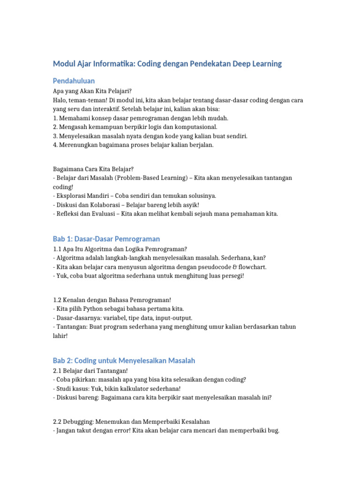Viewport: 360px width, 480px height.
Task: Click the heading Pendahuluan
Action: point(74,81)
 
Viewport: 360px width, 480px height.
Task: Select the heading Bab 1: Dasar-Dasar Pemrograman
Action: point(106,239)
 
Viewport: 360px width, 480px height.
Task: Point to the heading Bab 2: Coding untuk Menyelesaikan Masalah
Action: point(124,360)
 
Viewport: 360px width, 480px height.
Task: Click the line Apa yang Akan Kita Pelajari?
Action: point(93,91)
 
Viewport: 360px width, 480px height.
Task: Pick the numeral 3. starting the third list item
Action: point(55,136)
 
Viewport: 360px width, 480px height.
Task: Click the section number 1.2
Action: point(58,300)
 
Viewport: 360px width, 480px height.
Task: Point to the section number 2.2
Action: point(58,421)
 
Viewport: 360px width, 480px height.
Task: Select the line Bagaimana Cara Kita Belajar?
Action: point(94,168)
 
